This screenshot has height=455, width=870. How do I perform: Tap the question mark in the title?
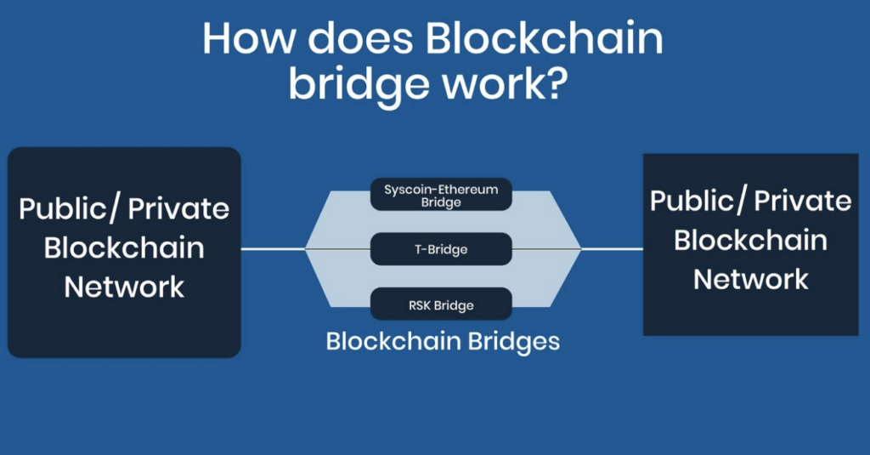[x=550, y=86]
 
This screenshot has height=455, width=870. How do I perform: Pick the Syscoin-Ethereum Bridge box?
[x=441, y=195]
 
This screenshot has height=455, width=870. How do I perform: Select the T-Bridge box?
[x=441, y=249]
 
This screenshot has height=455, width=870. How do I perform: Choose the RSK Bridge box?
[x=441, y=304]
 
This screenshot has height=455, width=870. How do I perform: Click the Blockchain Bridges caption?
[x=443, y=342]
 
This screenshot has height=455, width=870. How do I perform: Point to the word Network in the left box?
[x=124, y=286]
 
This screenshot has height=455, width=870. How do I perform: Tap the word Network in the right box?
[x=751, y=278]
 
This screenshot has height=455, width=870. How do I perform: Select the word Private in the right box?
[x=802, y=202]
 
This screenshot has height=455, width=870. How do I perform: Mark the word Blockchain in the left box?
[x=124, y=247]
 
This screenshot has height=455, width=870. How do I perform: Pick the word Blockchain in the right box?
[x=751, y=240]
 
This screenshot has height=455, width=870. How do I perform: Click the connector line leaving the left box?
[x=272, y=249]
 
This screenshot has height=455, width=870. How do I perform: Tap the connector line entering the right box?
[x=612, y=249]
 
